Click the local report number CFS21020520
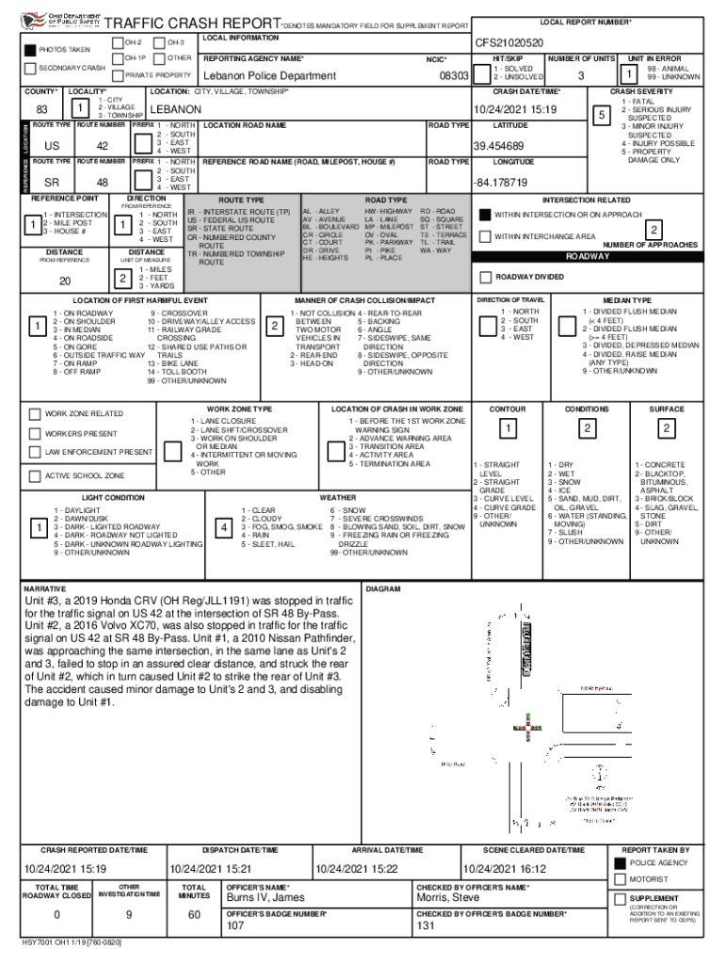[x=508, y=42]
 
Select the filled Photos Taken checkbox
[x=30, y=50]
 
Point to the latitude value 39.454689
[x=499, y=146]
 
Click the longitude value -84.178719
[x=502, y=182]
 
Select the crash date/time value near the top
[x=515, y=110]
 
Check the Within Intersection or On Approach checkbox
[x=486, y=215]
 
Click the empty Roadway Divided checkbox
[x=486, y=277]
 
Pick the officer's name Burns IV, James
[x=265, y=897]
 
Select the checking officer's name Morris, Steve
[x=448, y=897]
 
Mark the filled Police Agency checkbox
[x=620, y=862]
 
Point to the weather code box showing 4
[x=224, y=529]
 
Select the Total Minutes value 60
[x=195, y=915]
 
